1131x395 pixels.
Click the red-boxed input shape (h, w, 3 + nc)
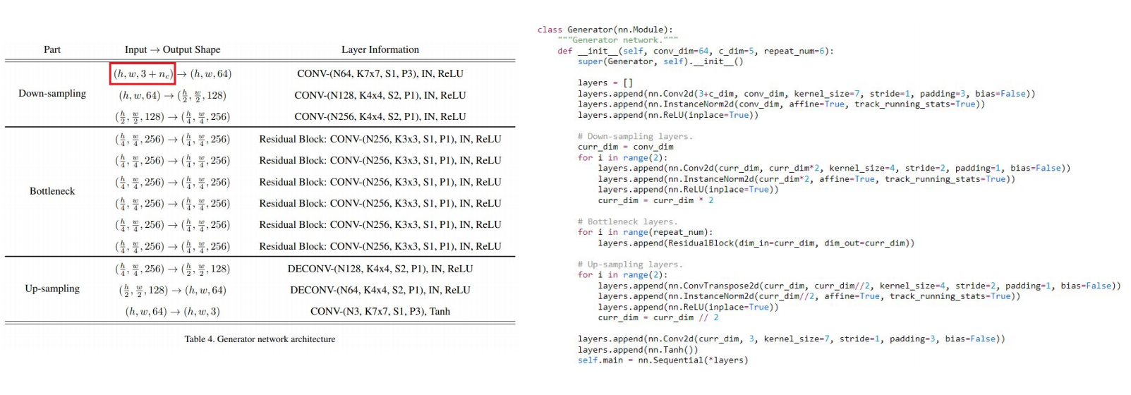coord(143,74)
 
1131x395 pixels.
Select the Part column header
coord(52,49)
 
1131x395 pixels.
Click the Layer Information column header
coord(380,49)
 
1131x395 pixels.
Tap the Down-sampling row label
coord(52,93)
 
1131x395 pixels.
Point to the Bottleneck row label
coord(52,191)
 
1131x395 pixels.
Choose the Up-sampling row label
coord(52,288)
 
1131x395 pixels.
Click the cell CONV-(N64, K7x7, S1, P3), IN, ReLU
coord(380,74)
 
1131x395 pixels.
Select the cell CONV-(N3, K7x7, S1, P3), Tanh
coord(380,311)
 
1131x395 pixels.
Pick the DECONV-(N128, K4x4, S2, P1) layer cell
coord(380,269)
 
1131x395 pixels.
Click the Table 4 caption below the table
coord(260,339)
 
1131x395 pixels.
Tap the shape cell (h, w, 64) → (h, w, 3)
coord(172,311)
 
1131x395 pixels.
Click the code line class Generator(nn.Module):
coord(605,30)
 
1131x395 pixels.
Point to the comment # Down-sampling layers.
coord(635,136)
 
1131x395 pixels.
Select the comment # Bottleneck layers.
coord(627,221)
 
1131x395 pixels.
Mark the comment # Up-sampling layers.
coord(630,265)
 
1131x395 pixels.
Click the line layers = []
coord(605,83)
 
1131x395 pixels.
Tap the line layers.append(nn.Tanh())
coord(638,350)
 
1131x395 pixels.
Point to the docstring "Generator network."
coord(617,40)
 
